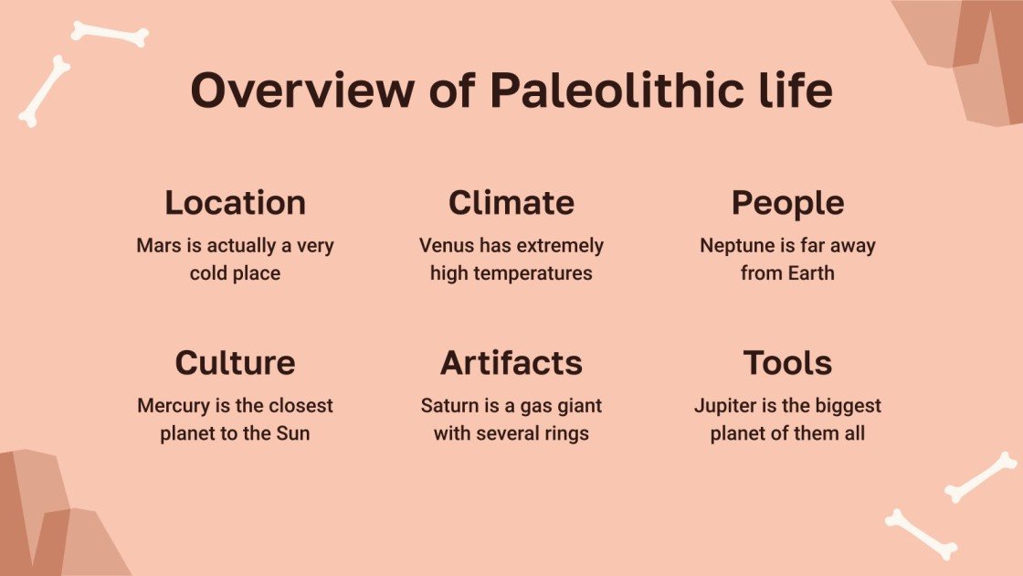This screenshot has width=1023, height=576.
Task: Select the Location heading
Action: pos(235,203)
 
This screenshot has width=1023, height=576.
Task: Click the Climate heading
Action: pos(511,203)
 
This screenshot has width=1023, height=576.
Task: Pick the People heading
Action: pos(787,203)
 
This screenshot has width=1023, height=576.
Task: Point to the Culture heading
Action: pos(235,363)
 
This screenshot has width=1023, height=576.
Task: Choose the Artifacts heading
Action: pos(511,363)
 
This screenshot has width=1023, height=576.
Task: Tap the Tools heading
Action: pos(787,363)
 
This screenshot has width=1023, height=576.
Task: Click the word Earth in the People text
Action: pos(812,273)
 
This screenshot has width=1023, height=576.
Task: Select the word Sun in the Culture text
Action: pos(292,433)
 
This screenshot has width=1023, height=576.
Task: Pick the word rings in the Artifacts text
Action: pos(565,433)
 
